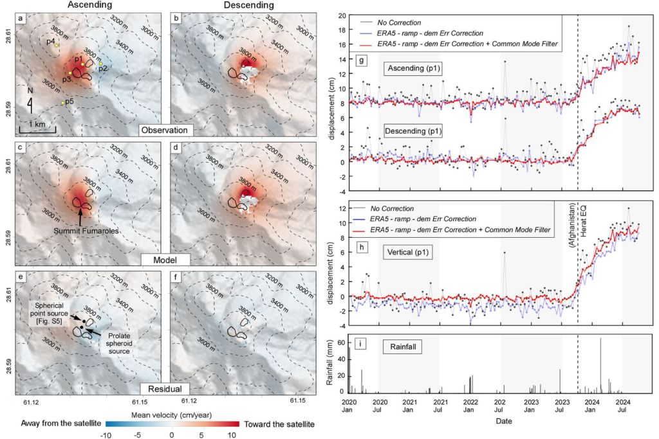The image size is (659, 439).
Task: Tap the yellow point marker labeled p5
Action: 63,103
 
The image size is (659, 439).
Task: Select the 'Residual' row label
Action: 160,389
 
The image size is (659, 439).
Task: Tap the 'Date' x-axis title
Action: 494,421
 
